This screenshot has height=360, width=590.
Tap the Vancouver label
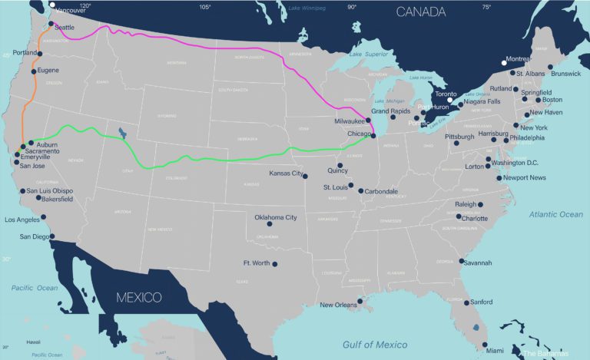pyautogui.click(x=68, y=11)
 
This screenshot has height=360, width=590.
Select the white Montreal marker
pyautogui.click(x=504, y=62)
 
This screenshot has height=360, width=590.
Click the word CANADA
pyautogui.click(x=420, y=12)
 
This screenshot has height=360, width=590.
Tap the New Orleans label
pyautogui.click(x=338, y=306)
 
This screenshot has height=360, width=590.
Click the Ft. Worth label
pyautogui.click(x=256, y=263)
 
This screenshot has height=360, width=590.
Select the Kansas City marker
pyautogui.click(x=306, y=176)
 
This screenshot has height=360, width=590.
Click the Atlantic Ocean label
pyautogui.click(x=555, y=215)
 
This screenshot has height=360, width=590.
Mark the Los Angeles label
pyautogui.click(x=23, y=220)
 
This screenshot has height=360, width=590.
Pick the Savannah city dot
pyautogui.click(x=461, y=261)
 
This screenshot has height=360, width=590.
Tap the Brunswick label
pyautogui.click(x=566, y=74)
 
